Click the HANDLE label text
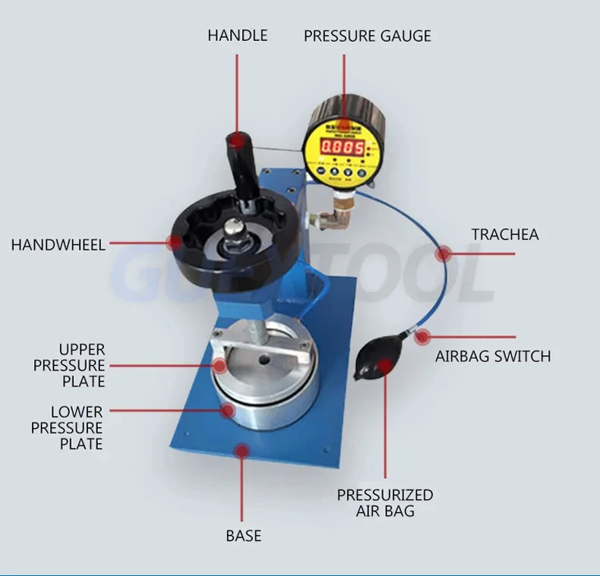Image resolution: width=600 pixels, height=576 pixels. tap(237, 36)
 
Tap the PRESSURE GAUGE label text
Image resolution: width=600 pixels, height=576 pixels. tap(367, 36)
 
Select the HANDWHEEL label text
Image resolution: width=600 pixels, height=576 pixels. tap(58, 244)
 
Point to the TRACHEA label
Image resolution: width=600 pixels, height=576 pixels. tap(504, 234)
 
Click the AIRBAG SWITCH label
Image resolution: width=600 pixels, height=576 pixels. tap(492, 356)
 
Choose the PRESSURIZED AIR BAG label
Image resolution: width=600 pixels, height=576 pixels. tap(385, 503)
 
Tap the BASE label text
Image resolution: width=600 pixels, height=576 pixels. tap(243, 536)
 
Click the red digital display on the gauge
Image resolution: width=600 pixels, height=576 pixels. tap(342, 147)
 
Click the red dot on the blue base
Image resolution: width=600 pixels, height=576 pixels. tap(242, 451)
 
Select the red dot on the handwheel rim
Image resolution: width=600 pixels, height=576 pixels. tap(174, 243)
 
